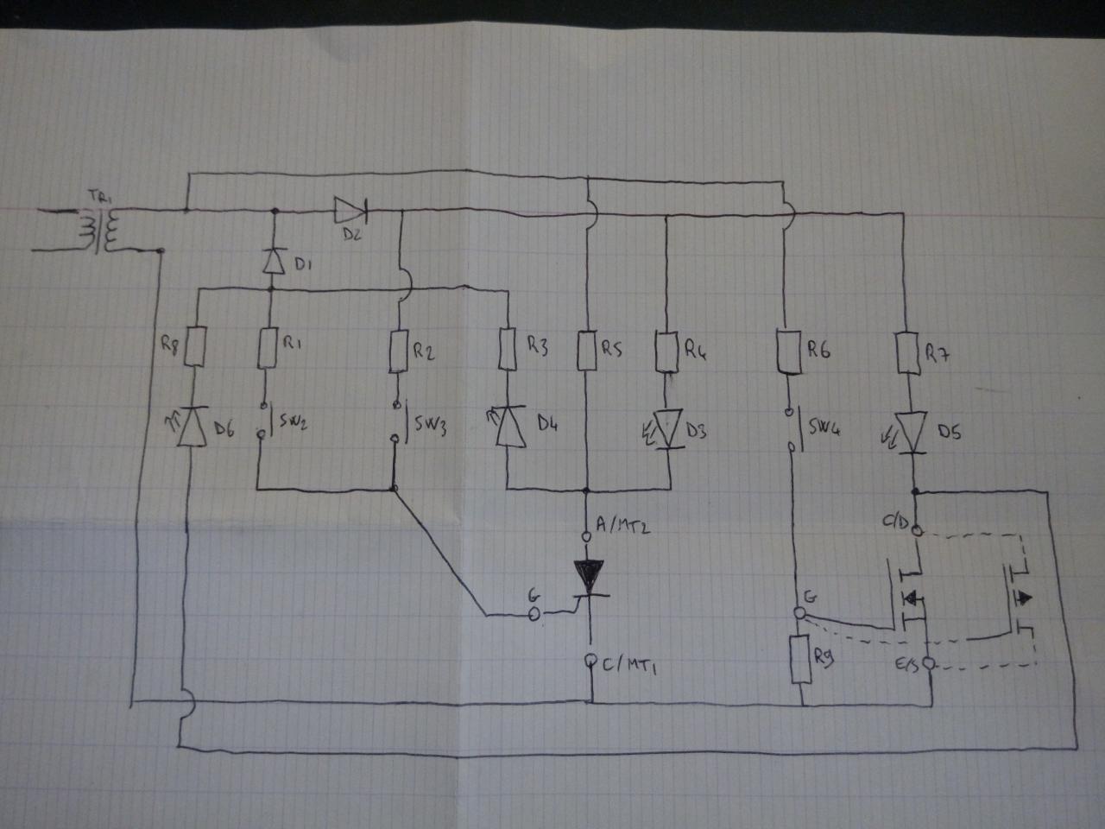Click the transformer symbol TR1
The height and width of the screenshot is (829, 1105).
96,231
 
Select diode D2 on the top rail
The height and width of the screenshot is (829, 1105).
350,208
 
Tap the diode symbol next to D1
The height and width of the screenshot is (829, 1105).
273,261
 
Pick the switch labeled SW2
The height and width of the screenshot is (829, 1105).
268,421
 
